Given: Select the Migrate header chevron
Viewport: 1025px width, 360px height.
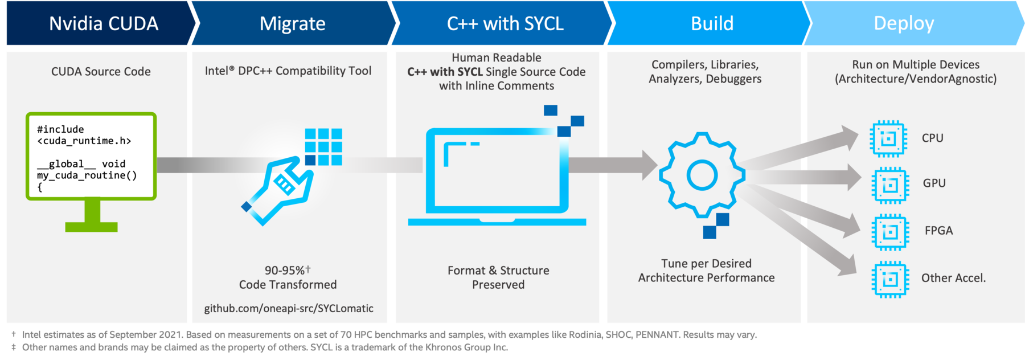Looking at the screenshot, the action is (x=293, y=23).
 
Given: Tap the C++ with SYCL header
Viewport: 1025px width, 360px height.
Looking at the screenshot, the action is (x=505, y=23).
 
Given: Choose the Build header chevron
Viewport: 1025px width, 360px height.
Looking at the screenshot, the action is (x=712, y=23).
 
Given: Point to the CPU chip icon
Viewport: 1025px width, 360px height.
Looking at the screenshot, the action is (x=888, y=138).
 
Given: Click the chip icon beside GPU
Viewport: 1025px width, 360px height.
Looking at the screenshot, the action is (x=890, y=185).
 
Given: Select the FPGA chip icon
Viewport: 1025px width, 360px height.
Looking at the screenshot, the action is (x=890, y=232).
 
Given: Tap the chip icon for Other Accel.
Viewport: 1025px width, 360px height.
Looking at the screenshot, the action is (x=890, y=279).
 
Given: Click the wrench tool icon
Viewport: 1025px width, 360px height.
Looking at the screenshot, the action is (x=278, y=191).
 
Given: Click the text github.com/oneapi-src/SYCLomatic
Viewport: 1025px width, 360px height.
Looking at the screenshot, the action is (x=289, y=308).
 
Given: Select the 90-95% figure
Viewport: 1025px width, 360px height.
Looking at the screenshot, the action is (x=285, y=271).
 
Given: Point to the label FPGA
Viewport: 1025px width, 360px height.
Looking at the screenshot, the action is (x=938, y=231).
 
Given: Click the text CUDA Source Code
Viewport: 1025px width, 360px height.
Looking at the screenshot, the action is (x=101, y=72).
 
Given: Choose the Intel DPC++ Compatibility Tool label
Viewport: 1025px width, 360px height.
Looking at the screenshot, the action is (x=288, y=71).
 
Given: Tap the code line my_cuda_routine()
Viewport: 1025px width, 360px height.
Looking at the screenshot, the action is (x=87, y=175).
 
